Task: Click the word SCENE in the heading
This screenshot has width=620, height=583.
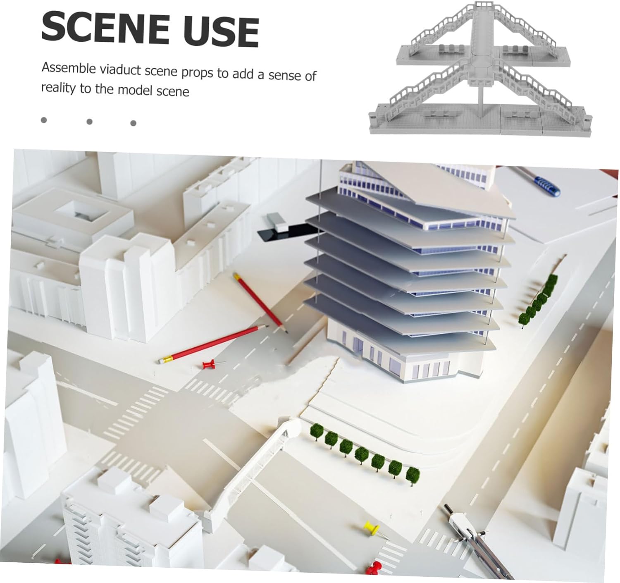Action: [x=105, y=29]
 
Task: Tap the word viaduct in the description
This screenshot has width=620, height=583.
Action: [x=121, y=69]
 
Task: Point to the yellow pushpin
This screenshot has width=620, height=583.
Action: [x=371, y=527]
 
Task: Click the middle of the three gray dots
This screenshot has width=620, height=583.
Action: [x=89, y=122]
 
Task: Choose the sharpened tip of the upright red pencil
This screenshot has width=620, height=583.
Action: [x=286, y=330]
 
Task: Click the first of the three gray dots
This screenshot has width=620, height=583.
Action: [x=44, y=120]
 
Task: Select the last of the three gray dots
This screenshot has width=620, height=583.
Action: [x=133, y=123]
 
